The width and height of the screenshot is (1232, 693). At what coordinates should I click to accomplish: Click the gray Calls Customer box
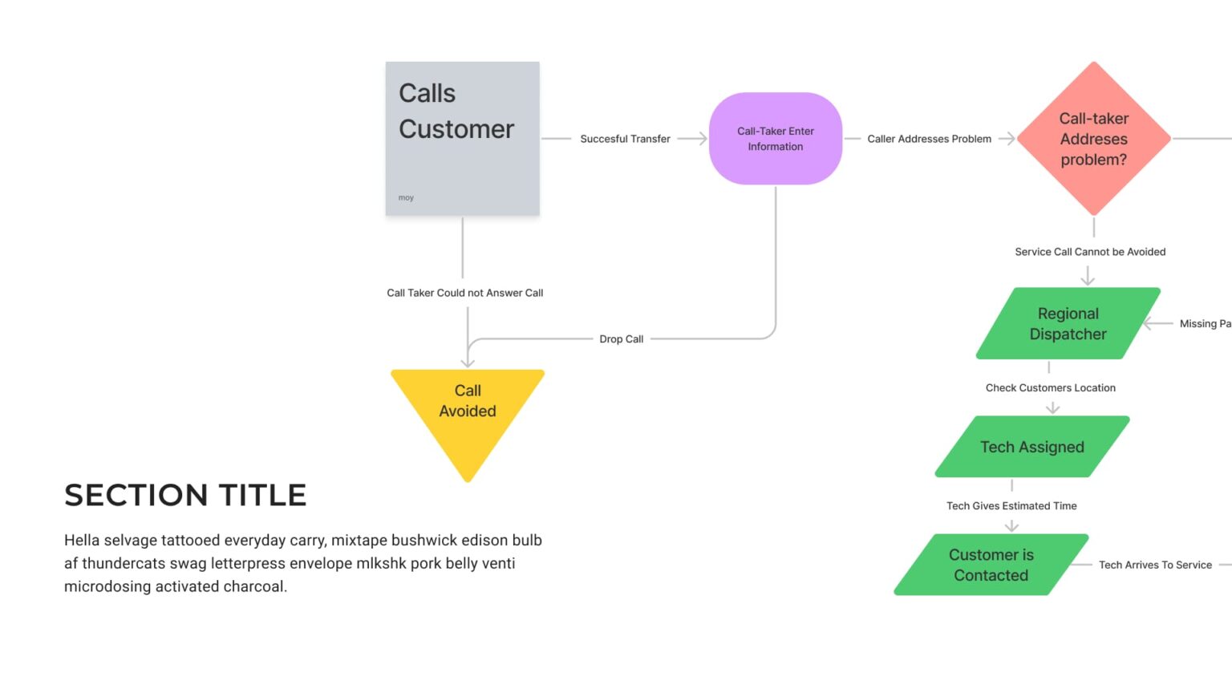462,138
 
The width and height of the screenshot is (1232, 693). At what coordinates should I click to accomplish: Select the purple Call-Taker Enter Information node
775,139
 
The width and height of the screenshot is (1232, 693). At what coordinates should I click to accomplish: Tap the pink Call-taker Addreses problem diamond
1093,139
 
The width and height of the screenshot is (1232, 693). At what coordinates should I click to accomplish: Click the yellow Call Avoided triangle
468,409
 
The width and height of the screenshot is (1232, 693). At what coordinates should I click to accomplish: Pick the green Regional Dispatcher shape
1068,323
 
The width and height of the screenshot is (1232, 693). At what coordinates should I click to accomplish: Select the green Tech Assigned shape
1031,447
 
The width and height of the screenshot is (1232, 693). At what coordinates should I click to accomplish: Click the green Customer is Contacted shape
991,565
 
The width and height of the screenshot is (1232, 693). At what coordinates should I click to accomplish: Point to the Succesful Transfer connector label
625,139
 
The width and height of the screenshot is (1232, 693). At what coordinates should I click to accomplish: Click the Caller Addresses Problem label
929,139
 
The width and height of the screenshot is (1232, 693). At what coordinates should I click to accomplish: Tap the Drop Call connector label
621,339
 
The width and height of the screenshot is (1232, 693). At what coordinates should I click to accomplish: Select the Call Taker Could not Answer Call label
464,293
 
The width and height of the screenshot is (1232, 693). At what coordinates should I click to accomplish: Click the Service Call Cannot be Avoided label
1090,252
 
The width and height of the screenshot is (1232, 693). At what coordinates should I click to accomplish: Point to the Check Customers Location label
1050,387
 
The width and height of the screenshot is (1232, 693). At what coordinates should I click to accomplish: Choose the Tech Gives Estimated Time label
1011,506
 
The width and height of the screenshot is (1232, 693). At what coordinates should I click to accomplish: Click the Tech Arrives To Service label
1155,565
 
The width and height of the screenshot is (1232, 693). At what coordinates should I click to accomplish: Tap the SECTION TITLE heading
185,496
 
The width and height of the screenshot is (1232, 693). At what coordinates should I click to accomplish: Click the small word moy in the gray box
406,197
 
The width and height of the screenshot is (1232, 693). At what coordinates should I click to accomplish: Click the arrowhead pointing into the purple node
702,139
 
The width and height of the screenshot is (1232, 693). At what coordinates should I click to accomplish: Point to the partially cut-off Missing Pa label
1205,324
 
